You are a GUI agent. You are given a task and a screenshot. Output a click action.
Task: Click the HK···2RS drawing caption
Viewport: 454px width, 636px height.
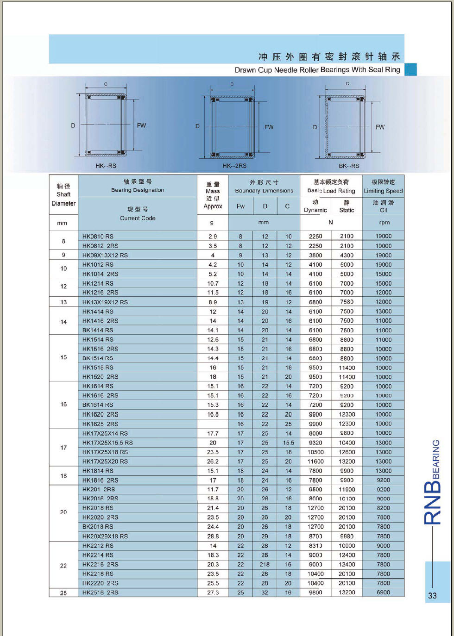234,166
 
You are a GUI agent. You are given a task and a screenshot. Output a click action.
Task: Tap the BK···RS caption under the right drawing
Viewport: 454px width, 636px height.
349,166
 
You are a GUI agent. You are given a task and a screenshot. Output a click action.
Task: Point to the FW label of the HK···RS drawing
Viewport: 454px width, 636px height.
141,125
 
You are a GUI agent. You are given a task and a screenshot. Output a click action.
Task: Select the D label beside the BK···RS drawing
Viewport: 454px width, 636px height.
315,127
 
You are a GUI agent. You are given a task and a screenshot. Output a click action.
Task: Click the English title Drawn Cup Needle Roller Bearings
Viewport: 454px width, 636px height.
317,70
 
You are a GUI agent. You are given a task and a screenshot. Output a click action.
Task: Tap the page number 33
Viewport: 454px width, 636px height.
432,596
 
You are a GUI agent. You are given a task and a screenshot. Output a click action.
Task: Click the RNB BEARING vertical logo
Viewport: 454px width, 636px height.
433,481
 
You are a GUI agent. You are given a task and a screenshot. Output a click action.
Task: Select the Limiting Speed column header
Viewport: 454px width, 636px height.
383,191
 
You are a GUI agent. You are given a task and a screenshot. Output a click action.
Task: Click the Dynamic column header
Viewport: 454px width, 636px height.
315,210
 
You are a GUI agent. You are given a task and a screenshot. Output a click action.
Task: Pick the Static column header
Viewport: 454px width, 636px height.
347,210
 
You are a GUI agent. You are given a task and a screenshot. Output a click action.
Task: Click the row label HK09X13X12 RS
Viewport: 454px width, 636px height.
105,255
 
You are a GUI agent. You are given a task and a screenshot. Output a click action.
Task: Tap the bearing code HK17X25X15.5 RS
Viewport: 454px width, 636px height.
107,443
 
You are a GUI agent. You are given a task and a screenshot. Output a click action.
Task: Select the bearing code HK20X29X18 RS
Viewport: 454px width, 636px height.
105,536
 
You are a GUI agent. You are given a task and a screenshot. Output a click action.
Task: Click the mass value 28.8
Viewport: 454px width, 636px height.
213,536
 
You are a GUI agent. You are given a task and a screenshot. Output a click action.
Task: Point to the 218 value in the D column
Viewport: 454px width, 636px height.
265,564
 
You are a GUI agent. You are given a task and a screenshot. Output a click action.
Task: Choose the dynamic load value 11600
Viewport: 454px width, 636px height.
315,461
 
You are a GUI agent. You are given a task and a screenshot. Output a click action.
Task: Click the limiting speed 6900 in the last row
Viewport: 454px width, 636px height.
383,592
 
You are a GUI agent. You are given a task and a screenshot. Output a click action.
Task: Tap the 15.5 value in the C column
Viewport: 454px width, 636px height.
288,443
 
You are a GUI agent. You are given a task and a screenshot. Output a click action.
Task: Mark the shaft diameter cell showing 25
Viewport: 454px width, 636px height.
63,593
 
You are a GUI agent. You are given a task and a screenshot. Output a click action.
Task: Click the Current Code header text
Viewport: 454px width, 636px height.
138,218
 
